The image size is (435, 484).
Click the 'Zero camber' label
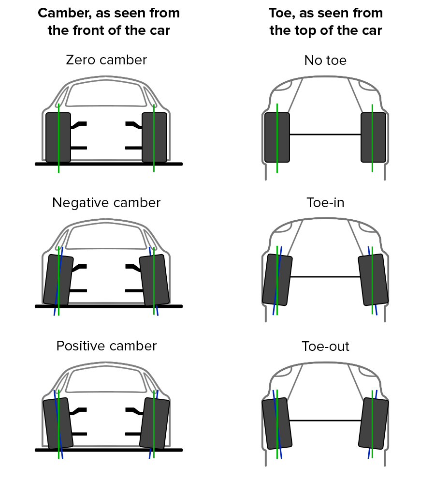[x=106, y=60]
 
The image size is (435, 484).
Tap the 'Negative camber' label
[x=106, y=202]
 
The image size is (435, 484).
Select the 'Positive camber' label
[x=106, y=346]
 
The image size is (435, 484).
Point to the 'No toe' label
[x=325, y=60]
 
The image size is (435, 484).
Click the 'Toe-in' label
[x=325, y=202]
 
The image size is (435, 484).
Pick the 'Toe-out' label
[x=325, y=347]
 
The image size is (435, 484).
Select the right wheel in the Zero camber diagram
[x=159, y=137]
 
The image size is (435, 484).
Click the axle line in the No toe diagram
[x=325, y=134]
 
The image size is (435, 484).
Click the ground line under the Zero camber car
[x=109, y=164]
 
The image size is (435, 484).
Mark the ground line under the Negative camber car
[x=109, y=306]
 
